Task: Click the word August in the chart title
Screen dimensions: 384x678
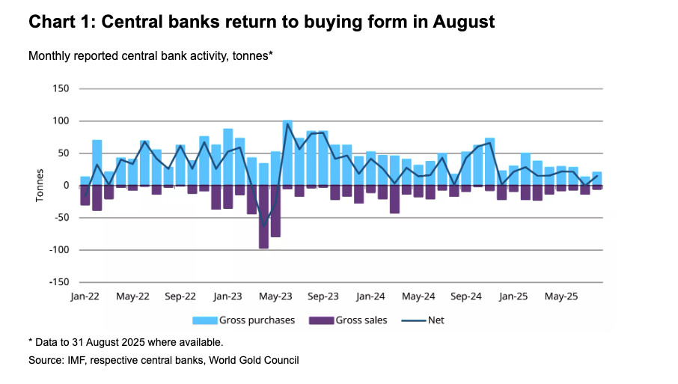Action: pyautogui.click(x=464, y=22)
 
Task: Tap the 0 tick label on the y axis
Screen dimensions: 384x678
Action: pyautogui.click(x=65, y=186)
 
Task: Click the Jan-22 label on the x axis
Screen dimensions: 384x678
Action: pyautogui.click(x=85, y=296)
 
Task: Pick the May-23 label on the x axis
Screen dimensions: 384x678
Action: pyautogui.click(x=276, y=296)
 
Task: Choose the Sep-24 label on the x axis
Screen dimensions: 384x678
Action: pyautogui.click(x=466, y=296)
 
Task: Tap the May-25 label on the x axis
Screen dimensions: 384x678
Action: pyautogui.click(x=561, y=296)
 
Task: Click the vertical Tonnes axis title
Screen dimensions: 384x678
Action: pyautogui.click(x=40, y=186)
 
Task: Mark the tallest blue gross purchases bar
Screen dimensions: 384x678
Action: pyautogui.click(x=287, y=153)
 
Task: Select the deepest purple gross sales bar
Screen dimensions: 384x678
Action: pyautogui.click(x=263, y=217)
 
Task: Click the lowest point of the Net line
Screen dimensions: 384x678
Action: pyautogui.click(x=263, y=226)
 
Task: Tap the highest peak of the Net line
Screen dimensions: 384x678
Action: pyautogui.click(x=287, y=124)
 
